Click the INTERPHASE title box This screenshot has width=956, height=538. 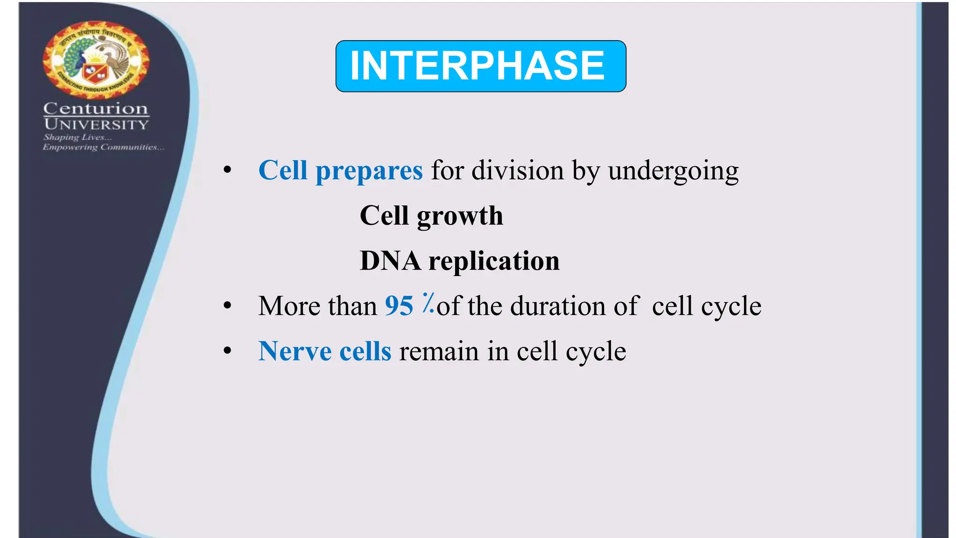pyautogui.click(x=480, y=66)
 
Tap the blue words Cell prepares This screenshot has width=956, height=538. pyautogui.click(x=340, y=170)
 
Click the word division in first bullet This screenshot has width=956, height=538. pyautogui.click(x=517, y=170)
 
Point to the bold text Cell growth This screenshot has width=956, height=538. pyautogui.click(x=431, y=216)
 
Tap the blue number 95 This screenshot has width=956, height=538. pyautogui.click(x=399, y=306)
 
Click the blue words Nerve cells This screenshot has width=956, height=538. pyautogui.click(x=324, y=351)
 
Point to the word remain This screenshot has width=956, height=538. pyautogui.click(x=439, y=351)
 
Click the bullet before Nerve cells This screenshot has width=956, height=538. pyautogui.click(x=227, y=351)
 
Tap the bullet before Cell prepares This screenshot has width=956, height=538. pyautogui.click(x=227, y=170)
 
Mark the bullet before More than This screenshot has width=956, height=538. pyautogui.click(x=227, y=306)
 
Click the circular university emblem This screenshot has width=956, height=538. pyautogui.click(x=96, y=60)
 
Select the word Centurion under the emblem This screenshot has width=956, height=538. pyautogui.click(x=96, y=108)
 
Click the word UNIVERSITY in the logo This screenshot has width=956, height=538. pyautogui.click(x=96, y=124)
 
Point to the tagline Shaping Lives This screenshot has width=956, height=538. pyautogui.click(x=77, y=137)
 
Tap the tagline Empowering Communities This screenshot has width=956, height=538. pyautogui.click(x=103, y=147)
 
